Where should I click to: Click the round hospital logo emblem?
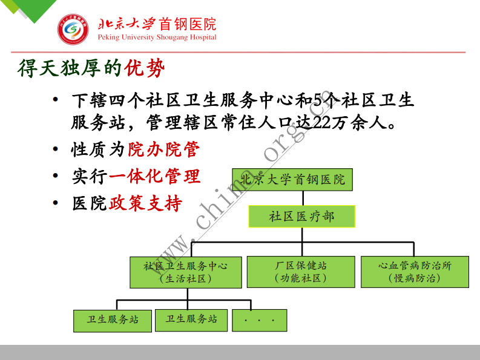pyautogui.click(x=73, y=28)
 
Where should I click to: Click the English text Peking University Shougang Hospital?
pyautogui.click(x=157, y=38)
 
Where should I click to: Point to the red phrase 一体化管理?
pyautogui.click(x=154, y=176)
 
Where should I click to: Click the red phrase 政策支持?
pyautogui.click(x=145, y=203)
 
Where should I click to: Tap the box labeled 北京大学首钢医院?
pyautogui.click(x=292, y=180)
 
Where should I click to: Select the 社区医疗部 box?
pyautogui.click(x=301, y=216)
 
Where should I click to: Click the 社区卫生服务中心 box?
pyautogui.click(x=186, y=272)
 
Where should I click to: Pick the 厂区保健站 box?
pyautogui.click(x=301, y=272)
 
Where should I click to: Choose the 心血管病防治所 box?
pyautogui.click(x=415, y=272)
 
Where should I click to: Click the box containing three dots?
pyautogui.click(x=259, y=320)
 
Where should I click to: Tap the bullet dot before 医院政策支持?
pyautogui.click(x=56, y=203)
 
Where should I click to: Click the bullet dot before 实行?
pyautogui.click(x=56, y=176)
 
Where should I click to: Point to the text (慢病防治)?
pyautogui.click(x=415, y=278)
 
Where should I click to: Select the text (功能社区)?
pyautogui.click(x=301, y=278)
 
